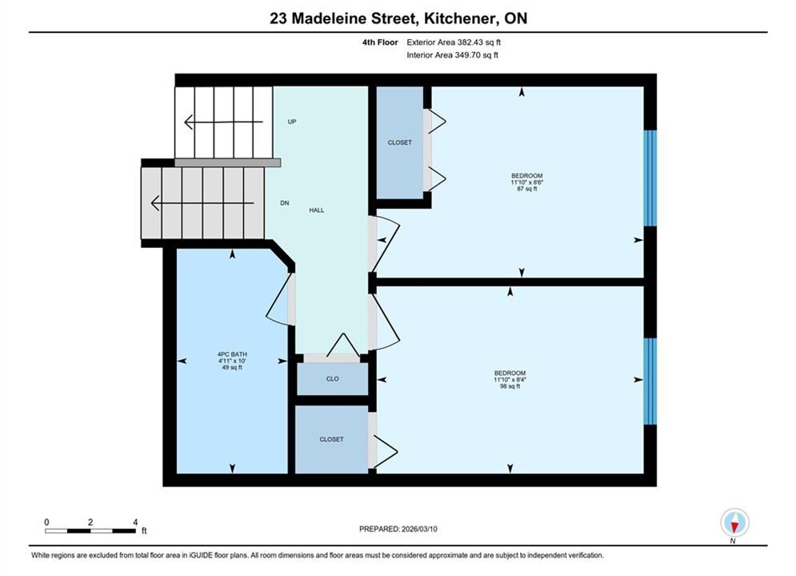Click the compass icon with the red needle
[734, 522]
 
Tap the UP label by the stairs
[292, 122]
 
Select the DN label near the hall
[285, 203]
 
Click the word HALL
[317, 210]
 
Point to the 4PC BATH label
[232, 354]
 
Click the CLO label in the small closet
[333, 379]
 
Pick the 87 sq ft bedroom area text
[527, 189]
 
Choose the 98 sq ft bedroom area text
[510, 386]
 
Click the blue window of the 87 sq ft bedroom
[650, 178]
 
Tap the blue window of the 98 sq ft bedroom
[650, 381]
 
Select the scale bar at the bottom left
[90, 531]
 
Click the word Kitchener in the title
[459, 18]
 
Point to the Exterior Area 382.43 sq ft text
[454, 42]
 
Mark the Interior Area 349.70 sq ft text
[452, 55]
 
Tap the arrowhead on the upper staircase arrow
[188, 122]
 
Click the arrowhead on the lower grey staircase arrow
[155, 203]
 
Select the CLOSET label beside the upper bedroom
[400, 142]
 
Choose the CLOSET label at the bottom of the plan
[331, 439]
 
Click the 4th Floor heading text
[380, 42]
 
